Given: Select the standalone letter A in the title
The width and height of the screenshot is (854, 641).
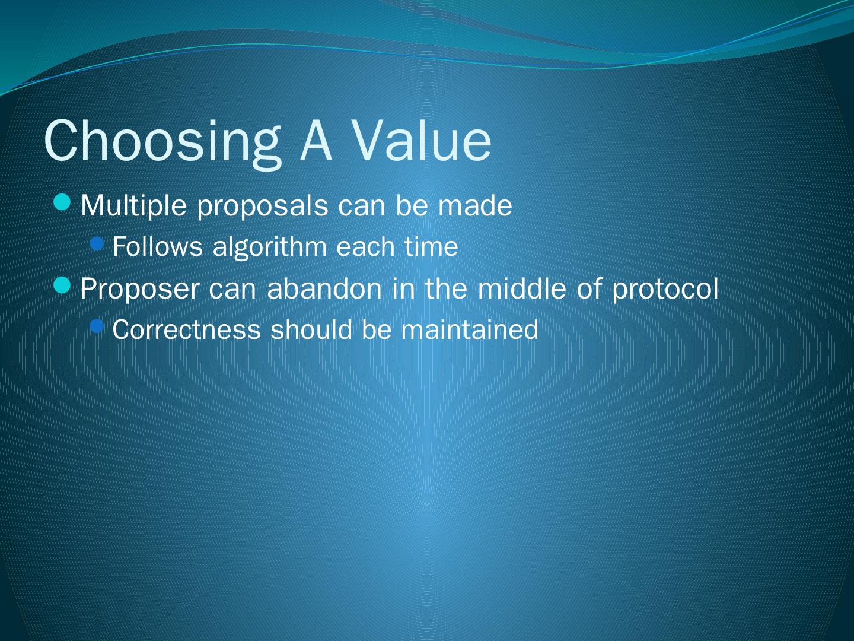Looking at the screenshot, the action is pyautogui.click(x=316, y=140).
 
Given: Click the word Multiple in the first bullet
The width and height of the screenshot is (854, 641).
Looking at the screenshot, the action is pyautogui.click(x=133, y=207).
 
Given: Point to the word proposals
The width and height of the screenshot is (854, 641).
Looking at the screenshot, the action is pyautogui.click(x=263, y=208).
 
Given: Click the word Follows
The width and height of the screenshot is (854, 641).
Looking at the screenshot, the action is pyautogui.click(x=158, y=246).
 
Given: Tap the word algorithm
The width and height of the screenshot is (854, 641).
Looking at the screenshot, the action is pyautogui.click(x=270, y=248).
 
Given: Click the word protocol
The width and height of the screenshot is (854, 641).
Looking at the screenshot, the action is pyautogui.click(x=665, y=290).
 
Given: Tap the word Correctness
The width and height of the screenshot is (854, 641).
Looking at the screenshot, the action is pyautogui.click(x=186, y=329).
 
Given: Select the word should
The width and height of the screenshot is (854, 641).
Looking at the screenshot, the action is pyautogui.click(x=311, y=329).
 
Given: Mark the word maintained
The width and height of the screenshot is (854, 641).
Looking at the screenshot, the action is pyautogui.click(x=470, y=329).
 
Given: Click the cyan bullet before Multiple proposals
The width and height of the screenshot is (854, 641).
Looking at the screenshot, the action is pyautogui.click(x=62, y=202).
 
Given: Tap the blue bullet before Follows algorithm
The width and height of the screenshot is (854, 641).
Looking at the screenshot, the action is pyautogui.click(x=97, y=244).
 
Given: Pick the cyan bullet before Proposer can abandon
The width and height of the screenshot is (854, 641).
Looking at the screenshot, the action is pyautogui.click(x=62, y=285).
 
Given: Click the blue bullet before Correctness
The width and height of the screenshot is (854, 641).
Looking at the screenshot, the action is pyautogui.click(x=97, y=326).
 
